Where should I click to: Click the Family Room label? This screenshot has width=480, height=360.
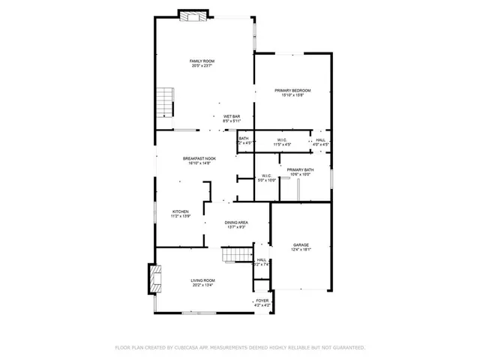click(x=202, y=61)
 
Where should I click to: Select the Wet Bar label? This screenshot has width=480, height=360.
click(x=232, y=116)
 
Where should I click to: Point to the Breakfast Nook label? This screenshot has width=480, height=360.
click(x=200, y=158)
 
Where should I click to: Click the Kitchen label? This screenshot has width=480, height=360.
click(x=181, y=211)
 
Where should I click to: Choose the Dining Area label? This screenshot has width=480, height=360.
click(x=237, y=223)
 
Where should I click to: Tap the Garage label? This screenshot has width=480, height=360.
click(x=301, y=244)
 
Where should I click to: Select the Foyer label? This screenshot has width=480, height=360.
click(x=262, y=300)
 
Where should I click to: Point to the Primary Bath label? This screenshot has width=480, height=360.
click(x=300, y=170)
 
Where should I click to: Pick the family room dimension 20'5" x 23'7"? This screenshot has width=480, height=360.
click(x=202, y=66)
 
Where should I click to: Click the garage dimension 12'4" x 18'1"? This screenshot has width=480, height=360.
click(x=301, y=250)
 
